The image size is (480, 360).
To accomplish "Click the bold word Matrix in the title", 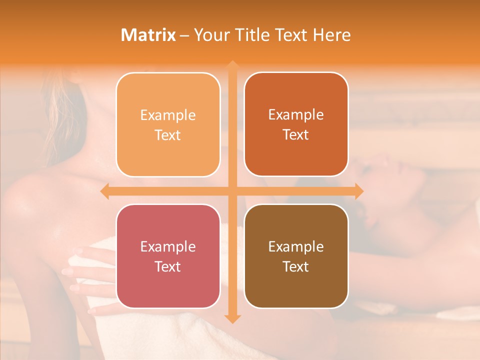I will click(148, 35).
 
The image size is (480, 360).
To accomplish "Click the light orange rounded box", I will click(168, 124).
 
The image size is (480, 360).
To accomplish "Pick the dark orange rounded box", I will click(296, 124).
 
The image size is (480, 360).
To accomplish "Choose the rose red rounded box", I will click(168, 256).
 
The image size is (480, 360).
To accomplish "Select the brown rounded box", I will click(296, 256).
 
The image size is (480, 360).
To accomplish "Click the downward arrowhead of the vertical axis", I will click(232, 318).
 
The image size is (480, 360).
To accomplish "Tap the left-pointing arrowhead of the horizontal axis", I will click(104, 191).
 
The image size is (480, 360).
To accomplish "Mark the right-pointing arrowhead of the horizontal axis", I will click(358, 191).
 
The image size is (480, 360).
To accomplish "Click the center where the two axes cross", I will click(232, 191).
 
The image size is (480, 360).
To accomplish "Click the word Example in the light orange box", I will click(168, 115).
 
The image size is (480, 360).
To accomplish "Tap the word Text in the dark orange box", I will click(296, 134).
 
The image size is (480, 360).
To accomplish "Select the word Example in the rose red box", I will click(168, 246).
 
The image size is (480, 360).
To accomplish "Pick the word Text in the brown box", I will click(296, 266).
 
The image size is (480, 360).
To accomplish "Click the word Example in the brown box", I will click(296, 246).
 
